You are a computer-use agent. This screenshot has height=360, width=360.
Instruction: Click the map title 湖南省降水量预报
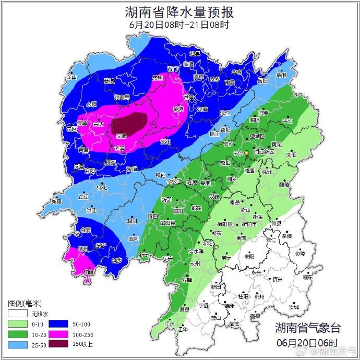pyautogui.click(x=179, y=11)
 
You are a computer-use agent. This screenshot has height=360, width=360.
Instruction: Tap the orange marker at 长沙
pyautogui.click(x=246, y=153)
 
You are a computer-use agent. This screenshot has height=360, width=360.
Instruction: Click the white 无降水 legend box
pyautogui.click(x=17, y=314)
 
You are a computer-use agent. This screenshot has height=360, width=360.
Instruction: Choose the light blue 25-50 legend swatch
pyautogui.click(x=17, y=344)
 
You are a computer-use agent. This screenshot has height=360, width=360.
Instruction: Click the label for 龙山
pyautogui.click(x=71, y=77)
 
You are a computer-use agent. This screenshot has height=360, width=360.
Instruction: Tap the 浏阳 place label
pyautogui.click(x=291, y=155)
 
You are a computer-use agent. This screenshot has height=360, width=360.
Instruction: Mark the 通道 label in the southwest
pyautogui.click(x=89, y=272)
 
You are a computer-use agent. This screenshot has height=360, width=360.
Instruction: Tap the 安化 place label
pyautogui.click(x=165, y=141)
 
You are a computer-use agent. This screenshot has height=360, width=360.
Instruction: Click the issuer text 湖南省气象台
pyautogui.click(x=308, y=328)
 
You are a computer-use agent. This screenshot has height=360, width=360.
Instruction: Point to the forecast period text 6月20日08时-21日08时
pyautogui.click(x=179, y=25)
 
